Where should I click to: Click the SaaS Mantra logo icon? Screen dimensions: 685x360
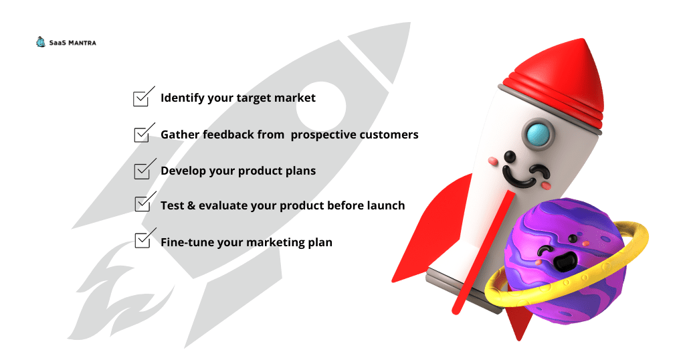click(x=41, y=42)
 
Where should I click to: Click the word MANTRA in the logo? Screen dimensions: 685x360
click(x=82, y=43)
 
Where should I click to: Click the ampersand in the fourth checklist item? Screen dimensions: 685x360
click(x=191, y=205)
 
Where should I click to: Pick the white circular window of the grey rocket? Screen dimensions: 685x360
click(x=321, y=106)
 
